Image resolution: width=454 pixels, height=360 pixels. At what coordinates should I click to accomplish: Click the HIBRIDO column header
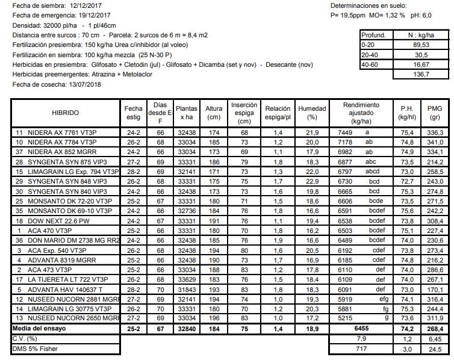point(61,112)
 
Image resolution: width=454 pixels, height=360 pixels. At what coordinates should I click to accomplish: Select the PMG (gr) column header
point(434,112)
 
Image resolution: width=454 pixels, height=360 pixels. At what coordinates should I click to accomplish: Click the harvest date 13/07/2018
point(80,84)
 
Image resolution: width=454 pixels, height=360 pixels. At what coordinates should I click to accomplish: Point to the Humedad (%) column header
point(312,112)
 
